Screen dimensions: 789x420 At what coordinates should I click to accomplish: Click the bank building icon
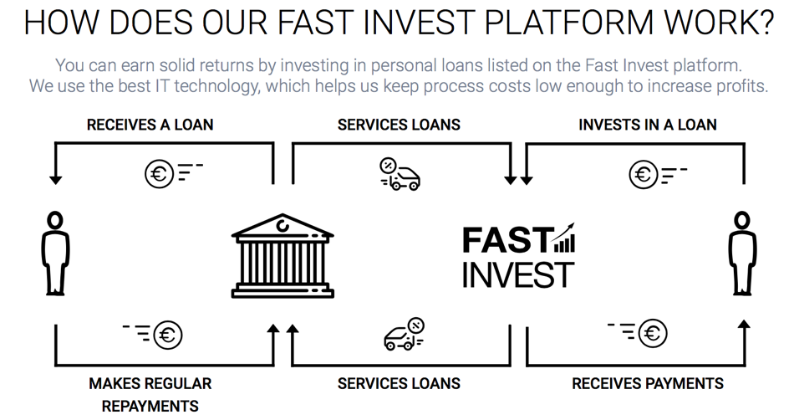[283, 256]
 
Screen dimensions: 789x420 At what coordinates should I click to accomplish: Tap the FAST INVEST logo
[518, 256]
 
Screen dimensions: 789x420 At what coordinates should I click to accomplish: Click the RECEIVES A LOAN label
[150, 125]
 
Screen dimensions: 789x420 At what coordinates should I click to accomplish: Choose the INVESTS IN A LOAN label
[648, 125]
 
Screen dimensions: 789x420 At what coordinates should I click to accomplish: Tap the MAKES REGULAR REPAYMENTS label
[150, 394]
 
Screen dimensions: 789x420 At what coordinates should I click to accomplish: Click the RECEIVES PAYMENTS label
[648, 384]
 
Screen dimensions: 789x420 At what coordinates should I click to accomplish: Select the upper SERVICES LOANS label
[399, 125]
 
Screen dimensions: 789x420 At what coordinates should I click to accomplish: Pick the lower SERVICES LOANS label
[399, 384]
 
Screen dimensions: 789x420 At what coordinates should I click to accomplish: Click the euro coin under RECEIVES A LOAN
[159, 174]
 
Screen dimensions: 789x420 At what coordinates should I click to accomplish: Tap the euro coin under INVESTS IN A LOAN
[644, 174]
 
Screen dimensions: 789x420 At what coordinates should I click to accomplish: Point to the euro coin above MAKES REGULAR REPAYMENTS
[167, 335]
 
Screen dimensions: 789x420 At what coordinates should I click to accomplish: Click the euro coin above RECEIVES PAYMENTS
[653, 333]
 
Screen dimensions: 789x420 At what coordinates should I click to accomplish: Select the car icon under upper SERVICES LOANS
[400, 174]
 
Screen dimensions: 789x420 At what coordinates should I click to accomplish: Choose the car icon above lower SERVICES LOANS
[404, 334]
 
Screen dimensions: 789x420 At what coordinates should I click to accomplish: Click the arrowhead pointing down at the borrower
[55, 180]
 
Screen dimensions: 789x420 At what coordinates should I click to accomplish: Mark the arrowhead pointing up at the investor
[745, 325]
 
